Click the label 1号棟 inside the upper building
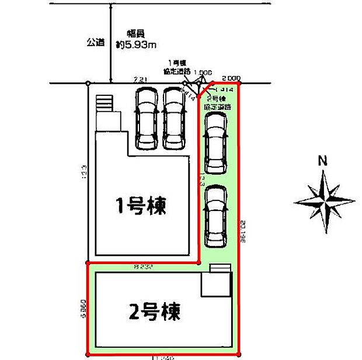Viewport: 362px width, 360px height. pyautogui.click(x=141, y=206)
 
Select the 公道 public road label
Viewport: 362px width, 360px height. pyautogui.click(x=96, y=43)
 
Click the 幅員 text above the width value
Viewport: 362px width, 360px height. pyautogui.click(x=137, y=33)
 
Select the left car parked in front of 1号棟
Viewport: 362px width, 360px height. pyautogui.click(x=145, y=118)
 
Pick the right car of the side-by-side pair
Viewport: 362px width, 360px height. pyautogui.click(x=174, y=118)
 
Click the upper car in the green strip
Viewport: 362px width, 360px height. pyautogui.click(x=214, y=143)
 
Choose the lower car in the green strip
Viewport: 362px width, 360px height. pyautogui.click(x=214, y=216)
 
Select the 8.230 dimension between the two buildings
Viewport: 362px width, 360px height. pyautogui.click(x=142, y=268)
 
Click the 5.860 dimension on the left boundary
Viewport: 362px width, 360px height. pyautogui.click(x=85, y=309)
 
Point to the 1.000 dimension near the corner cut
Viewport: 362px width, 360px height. pyautogui.click(x=202, y=72)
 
